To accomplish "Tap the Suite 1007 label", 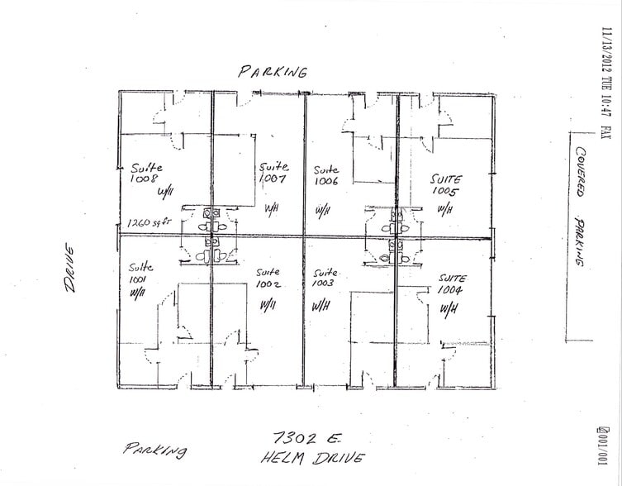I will (x=272, y=171).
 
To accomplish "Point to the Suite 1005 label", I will (x=446, y=184).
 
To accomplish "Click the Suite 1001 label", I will (x=138, y=273).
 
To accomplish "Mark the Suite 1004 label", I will (x=452, y=283).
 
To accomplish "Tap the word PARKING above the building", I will (x=273, y=71).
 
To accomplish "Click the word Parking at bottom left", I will (x=155, y=450).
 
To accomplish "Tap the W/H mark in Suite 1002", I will (x=268, y=305).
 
